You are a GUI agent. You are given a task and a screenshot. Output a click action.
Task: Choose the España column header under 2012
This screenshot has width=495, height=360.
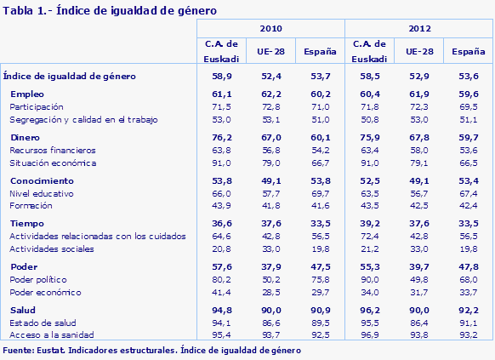coord(468,52)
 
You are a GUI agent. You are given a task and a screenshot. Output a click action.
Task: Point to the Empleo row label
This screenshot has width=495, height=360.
coord(27,93)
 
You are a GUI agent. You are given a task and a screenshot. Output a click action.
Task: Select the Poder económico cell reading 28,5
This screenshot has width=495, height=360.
coord(270,292)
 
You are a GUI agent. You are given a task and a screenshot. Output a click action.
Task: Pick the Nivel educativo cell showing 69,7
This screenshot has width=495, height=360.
coord(319,193)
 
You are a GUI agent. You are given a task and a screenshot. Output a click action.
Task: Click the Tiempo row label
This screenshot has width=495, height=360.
coord(27,222)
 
